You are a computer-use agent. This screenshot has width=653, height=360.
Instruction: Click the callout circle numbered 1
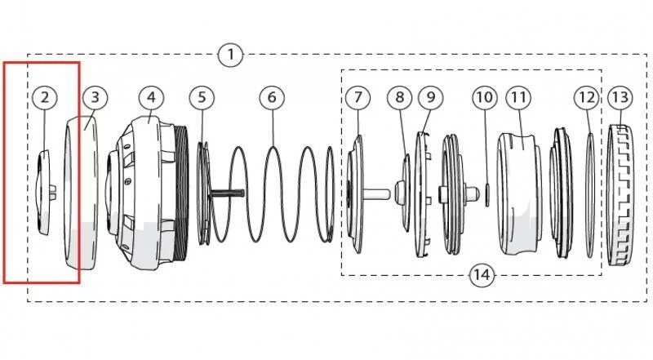pos(231,56)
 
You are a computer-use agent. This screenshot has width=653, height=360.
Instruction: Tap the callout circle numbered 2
pos(45,97)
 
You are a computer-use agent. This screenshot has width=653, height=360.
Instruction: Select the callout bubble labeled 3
pos(95,97)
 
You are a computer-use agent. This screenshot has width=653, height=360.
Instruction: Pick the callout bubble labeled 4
pos(151,97)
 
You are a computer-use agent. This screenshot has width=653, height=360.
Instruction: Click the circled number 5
pos(202,97)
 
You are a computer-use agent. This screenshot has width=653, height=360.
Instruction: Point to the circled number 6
pos(272,97)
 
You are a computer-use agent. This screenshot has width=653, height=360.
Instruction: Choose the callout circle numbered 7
pos(357,97)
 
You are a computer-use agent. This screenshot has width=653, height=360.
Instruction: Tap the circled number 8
pos(399,97)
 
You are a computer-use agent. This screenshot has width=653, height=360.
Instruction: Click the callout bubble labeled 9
pos(430,97)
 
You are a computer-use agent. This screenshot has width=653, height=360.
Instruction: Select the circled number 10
pos(485,97)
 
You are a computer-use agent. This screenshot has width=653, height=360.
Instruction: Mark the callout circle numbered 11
pos(518,97)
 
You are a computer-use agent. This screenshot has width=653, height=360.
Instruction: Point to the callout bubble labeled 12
pos(586,97)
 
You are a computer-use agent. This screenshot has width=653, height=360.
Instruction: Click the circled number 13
pos(620,97)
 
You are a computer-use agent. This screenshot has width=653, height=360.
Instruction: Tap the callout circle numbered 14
pos(482,275)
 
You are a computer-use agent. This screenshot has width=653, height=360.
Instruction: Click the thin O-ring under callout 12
pos(589,194)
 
